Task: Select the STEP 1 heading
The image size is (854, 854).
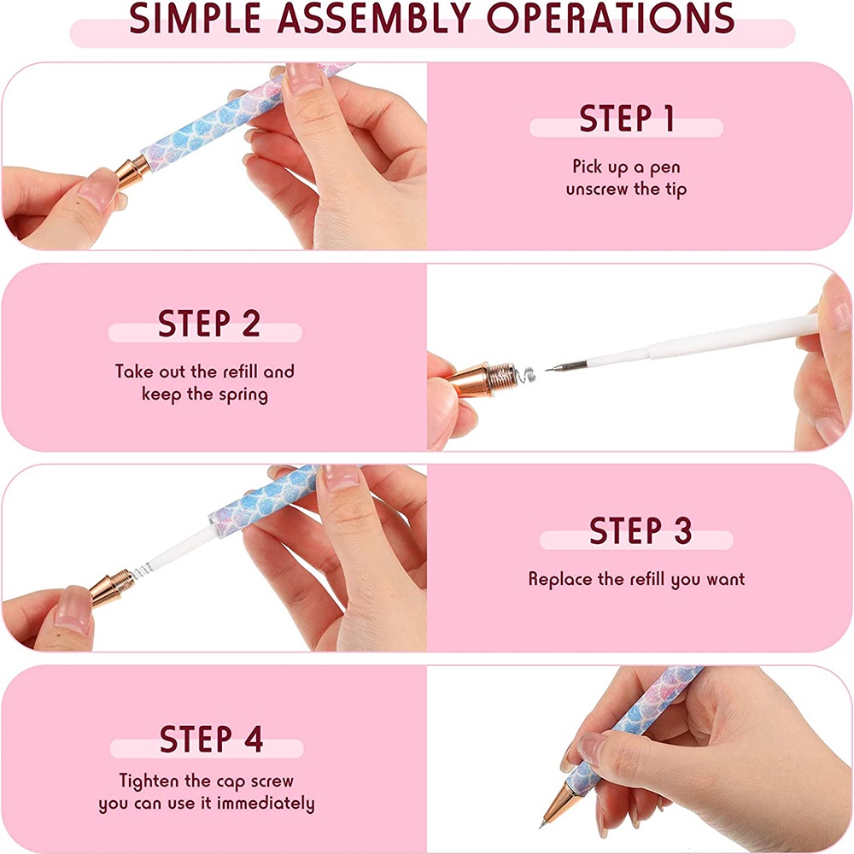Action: click(x=626, y=118)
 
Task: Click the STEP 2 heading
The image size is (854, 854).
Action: click(x=208, y=324)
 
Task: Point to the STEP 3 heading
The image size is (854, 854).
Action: click(x=640, y=530)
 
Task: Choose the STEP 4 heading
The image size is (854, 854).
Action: click(x=211, y=739)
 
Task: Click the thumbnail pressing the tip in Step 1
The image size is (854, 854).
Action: click(x=98, y=188)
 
